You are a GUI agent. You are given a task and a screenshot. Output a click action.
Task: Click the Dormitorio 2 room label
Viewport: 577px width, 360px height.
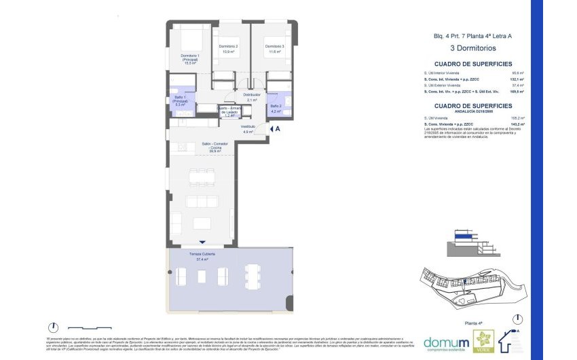tap(228, 48)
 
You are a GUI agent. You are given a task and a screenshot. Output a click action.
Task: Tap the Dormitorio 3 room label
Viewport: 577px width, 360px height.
tap(274, 48)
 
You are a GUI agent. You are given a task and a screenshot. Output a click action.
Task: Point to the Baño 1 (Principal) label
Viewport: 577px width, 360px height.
tap(181, 102)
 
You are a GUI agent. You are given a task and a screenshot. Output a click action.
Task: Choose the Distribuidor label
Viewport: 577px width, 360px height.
tap(252, 96)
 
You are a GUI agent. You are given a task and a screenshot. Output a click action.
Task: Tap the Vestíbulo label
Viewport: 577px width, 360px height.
tap(248, 129)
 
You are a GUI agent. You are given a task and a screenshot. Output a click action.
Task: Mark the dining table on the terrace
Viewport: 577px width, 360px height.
tap(253, 276)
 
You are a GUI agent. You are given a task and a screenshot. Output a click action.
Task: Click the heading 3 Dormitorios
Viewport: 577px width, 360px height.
tap(473, 48)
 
